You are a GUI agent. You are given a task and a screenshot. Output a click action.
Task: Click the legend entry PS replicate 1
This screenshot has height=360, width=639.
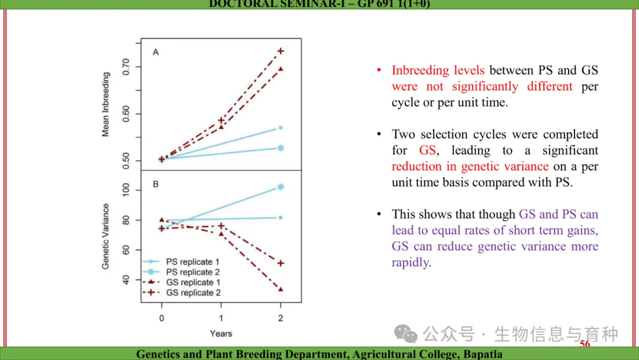(x=192, y=261)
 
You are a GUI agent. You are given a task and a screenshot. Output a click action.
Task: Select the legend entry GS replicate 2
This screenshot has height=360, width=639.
(x=193, y=292)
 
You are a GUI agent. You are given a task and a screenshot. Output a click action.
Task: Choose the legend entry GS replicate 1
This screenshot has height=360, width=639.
(x=193, y=282)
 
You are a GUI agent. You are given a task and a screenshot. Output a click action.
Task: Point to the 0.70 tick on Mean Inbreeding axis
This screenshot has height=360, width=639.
(x=126, y=66)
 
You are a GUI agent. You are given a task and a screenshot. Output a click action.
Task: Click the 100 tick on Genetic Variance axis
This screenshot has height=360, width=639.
(x=126, y=190)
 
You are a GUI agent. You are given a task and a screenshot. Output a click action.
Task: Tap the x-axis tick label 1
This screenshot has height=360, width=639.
(x=221, y=318)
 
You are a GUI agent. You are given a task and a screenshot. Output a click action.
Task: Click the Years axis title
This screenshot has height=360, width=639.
(x=221, y=333)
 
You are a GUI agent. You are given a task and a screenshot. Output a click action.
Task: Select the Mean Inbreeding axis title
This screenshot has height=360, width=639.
(x=106, y=104)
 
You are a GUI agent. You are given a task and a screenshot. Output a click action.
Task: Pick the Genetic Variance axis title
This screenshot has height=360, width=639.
(x=106, y=236)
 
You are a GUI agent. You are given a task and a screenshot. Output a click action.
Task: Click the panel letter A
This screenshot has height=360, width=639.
(x=156, y=52)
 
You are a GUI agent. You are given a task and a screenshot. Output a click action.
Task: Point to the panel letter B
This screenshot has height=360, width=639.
(x=156, y=184)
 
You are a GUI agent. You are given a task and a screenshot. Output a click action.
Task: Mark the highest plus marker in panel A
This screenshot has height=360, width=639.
(x=280, y=51)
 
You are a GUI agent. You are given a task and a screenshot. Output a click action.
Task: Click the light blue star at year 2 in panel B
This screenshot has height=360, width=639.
(x=280, y=187)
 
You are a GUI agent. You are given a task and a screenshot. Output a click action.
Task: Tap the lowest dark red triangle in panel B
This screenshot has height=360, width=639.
(x=280, y=289)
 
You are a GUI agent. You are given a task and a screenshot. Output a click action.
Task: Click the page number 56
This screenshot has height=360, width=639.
(x=585, y=345)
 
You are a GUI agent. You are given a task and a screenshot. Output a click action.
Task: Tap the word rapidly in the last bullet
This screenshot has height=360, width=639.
(x=410, y=262)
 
